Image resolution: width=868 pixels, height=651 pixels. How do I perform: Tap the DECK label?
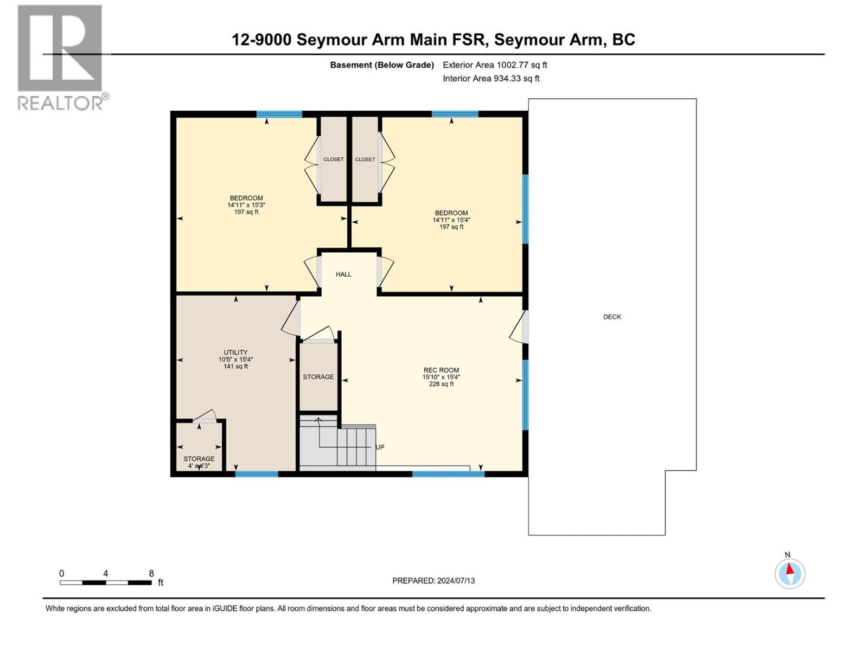pyautogui.click(x=612, y=317)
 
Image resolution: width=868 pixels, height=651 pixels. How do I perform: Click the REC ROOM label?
pyautogui.click(x=441, y=371)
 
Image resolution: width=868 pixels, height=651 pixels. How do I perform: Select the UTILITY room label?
pyautogui.click(x=235, y=353)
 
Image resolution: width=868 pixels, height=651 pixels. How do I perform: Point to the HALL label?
pyautogui.click(x=343, y=275)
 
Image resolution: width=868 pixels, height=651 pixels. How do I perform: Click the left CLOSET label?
pyautogui.click(x=333, y=159)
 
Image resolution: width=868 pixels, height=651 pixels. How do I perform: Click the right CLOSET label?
pyautogui.click(x=365, y=159)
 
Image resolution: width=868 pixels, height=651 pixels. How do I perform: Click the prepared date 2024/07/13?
pyautogui.click(x=433, y=580)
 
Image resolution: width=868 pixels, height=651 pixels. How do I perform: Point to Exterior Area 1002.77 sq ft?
pyautogui.click(x=495, y=65)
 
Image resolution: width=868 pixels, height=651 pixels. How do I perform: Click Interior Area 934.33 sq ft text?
pyautogui.click(x=491, y=79)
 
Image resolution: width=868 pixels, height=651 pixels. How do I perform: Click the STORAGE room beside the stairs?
pyautogui.click(x=318, y=377)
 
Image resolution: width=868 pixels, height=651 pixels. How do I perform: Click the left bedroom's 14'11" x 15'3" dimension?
pyautogui.click(x=246, y=205)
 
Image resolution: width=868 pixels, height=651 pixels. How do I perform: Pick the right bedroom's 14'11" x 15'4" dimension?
pyautogui.click(x=451, y=220)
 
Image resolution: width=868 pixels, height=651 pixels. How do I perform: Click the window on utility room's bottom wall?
pyautogui.click(x=257, y=474)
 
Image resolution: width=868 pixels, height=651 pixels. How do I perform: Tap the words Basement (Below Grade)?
pyautogui.click(x=382, y=65)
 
